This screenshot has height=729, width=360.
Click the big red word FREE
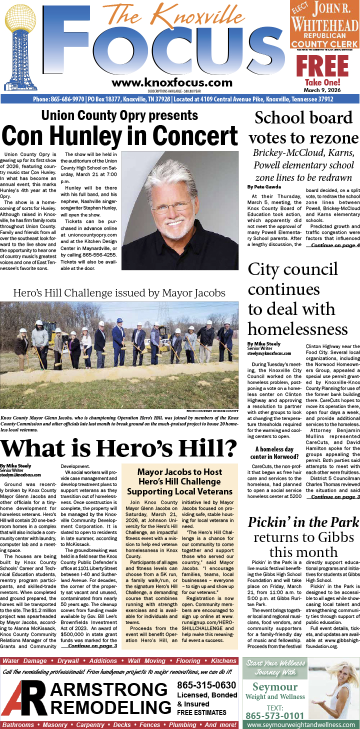tap(322, 66)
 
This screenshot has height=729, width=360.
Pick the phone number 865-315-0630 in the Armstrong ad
tap(206, 685)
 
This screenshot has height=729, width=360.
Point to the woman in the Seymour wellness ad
tap(335, 690)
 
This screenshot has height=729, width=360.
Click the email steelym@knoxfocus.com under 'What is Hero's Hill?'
tap(20, 474)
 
